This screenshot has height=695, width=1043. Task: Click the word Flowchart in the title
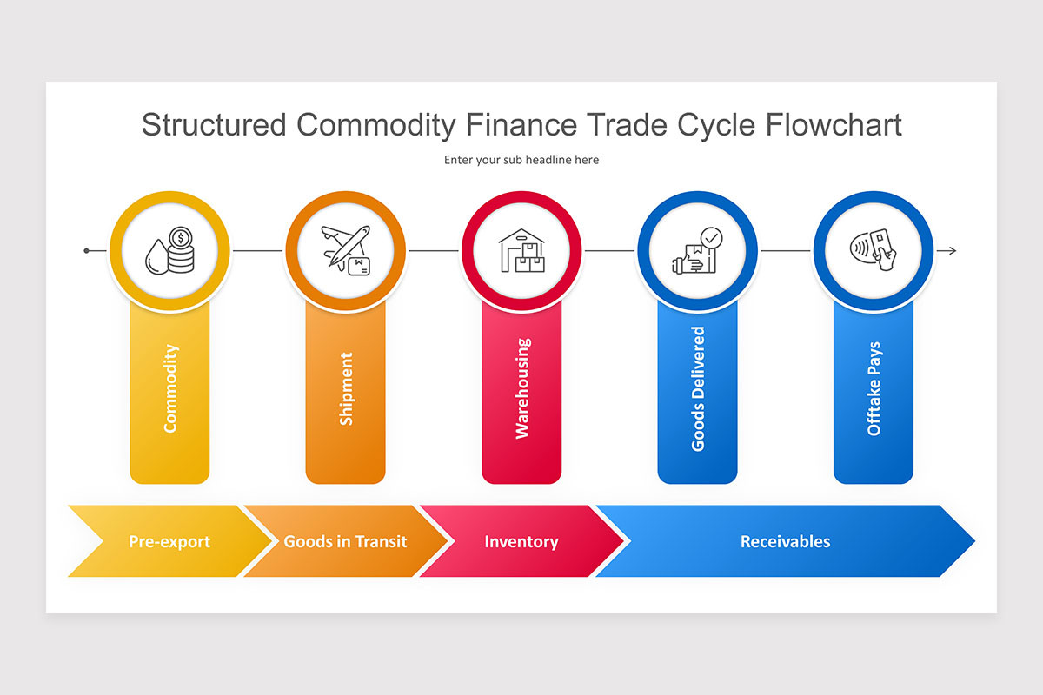(834, 125)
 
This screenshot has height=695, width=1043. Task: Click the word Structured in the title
(213, 125)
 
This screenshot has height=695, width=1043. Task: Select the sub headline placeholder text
(521, 160)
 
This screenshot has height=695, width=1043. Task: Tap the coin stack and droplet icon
(169, 251)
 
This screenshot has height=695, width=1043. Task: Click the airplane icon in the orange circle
(345, 251)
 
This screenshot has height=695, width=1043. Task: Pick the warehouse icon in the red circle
(521, 251)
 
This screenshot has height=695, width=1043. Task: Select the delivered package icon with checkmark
(697, 251)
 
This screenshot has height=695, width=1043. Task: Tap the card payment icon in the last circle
(873, 251)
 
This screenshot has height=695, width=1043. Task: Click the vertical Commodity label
(170, 388)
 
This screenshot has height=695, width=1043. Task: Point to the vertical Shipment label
(346, 388)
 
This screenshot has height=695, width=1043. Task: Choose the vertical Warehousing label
(522, 388)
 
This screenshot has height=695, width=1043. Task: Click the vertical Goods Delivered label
(698, 388)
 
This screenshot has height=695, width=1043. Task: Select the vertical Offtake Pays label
(874, 388)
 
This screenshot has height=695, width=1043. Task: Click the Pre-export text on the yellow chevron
(169, 541)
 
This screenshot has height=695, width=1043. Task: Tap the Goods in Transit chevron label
(345, 541)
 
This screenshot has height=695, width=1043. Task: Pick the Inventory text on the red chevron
(521, 541)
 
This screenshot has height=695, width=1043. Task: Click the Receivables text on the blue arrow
(785, 541)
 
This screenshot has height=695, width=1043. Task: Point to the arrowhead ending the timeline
(952, 251)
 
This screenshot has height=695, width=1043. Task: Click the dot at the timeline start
(87, 251)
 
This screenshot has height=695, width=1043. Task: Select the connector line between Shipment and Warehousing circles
(433, 251)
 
